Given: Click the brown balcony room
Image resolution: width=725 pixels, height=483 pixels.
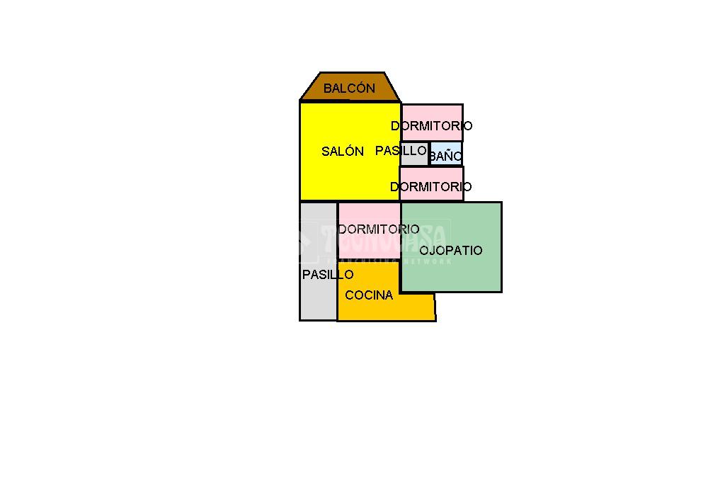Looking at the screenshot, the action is pos(350,79).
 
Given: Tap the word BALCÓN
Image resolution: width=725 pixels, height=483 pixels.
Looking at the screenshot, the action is pos(349,89).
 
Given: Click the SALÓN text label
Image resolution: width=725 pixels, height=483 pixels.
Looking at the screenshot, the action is pos(343,151).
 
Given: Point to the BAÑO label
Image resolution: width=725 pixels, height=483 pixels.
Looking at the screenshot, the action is pos(446,156).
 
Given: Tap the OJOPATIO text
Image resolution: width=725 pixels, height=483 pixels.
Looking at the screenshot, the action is pos(451,250).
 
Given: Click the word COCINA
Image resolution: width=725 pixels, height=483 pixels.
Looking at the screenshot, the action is pos(369,295).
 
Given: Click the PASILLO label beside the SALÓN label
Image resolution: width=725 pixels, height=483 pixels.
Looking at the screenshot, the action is pos(401,150).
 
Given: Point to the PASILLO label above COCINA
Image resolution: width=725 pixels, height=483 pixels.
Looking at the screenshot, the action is pos(328,275).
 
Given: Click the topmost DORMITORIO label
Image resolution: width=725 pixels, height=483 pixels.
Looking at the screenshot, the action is pos(432,125).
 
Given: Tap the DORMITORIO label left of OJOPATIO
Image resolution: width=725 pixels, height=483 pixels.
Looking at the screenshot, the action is pos(379,229).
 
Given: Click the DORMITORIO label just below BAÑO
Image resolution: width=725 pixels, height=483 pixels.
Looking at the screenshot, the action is pos(430,187).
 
